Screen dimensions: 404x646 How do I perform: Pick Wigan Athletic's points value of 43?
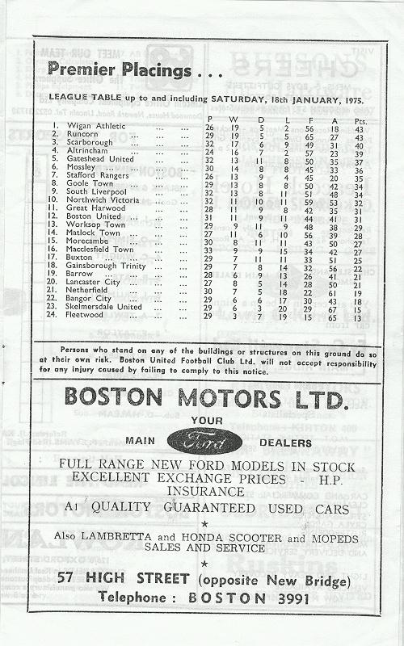click(359, 127)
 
